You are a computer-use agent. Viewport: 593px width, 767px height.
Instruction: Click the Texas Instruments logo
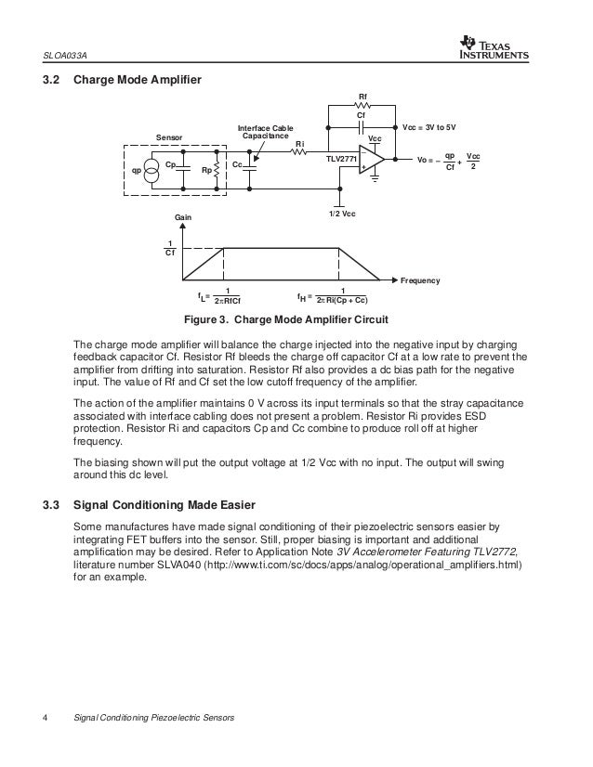pos(493,46)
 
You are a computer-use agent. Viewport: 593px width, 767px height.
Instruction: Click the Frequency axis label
pos(420,279)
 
